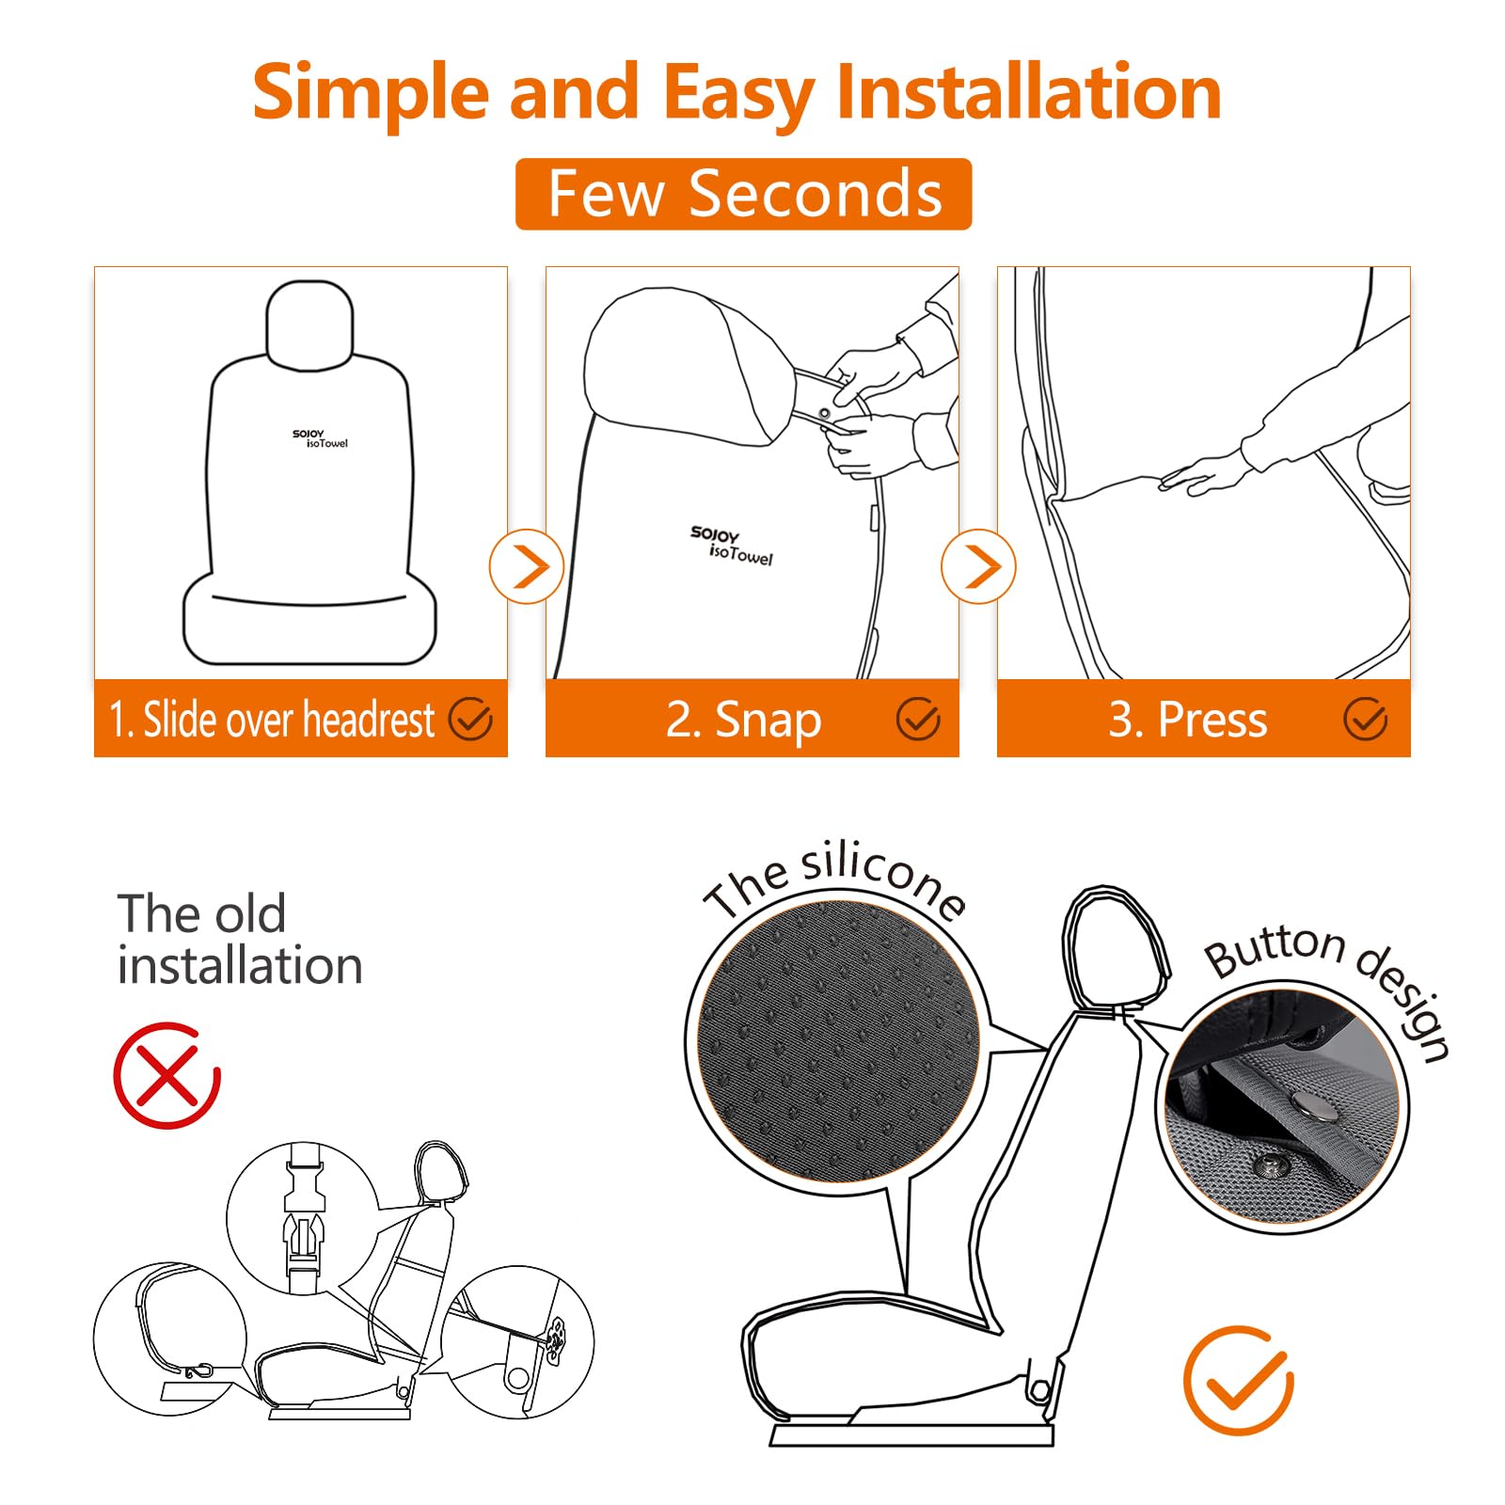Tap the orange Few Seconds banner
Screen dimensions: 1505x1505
coord(743,194)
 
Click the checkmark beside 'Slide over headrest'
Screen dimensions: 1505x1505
coord(470,720)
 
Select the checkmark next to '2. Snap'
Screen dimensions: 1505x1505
coord(917,720)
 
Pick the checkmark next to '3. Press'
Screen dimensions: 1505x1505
coord(1365,720)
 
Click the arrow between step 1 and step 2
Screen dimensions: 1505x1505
coord(527,567)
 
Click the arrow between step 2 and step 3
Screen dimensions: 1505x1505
coord(978,567)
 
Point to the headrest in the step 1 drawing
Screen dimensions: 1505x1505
coord(309,323)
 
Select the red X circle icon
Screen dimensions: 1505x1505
coord(166,1076)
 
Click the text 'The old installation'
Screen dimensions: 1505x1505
coord(239,939)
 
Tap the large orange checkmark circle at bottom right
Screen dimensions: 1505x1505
coord(1239,1380)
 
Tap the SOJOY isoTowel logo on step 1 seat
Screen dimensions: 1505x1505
coord(321,438)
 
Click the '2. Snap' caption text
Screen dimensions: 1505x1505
coord(743,720)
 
